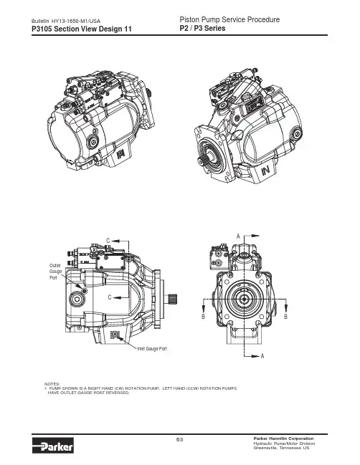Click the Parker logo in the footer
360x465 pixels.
[53, 446]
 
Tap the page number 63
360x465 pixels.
[179, 439]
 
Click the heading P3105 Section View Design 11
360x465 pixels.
[82, 29]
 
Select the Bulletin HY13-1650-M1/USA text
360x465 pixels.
[66, 21]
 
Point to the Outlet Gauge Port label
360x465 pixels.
[55, 272]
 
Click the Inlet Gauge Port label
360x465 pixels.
[152, 349]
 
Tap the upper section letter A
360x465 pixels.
[238, 236]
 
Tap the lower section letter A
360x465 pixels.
[262, 356]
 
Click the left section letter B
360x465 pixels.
[203, 317]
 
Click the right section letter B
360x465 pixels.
[285, 317]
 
